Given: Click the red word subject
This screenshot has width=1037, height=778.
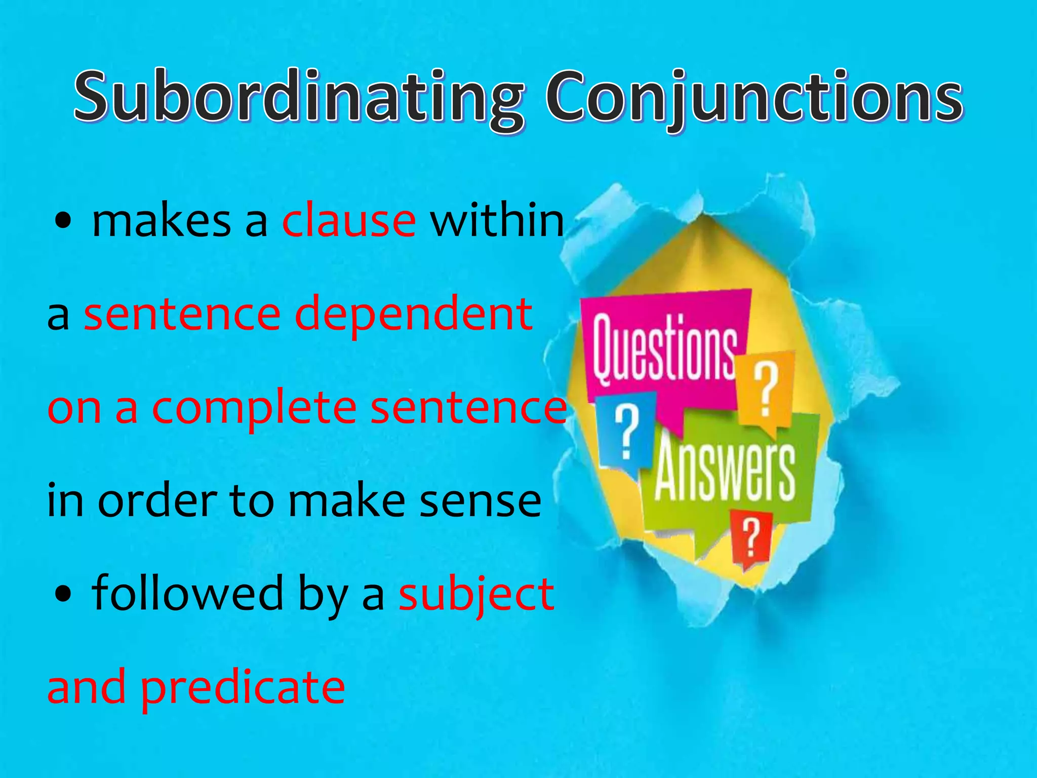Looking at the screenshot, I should tap(476, 594).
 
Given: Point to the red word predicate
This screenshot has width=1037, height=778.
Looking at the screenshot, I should tap(243, 688).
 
